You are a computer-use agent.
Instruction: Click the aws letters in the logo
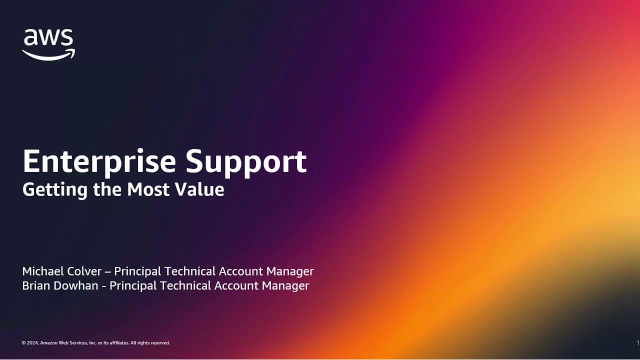48,38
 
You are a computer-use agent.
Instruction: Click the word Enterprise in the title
99,161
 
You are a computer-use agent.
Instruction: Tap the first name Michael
41,271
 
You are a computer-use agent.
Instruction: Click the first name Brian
35,285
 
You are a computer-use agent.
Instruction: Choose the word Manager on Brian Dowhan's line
285,285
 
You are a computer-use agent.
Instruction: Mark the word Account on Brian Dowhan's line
234,285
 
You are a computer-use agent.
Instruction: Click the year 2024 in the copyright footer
33,343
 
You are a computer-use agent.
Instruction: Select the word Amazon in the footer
49,343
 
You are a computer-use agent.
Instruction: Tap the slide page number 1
637,343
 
